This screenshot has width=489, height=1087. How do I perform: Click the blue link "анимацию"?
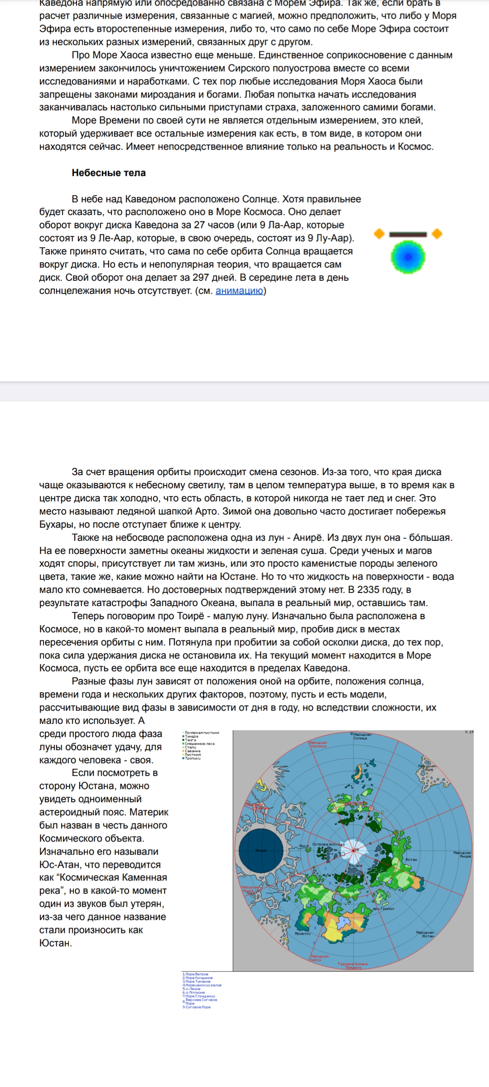(239, 291)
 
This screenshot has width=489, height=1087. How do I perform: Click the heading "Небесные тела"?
(109, 173)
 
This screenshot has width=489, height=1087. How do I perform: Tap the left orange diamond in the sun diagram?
(379, 234)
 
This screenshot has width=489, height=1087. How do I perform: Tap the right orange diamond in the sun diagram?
(437, 234)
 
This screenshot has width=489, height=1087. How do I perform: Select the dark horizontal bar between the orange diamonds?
(408, 235)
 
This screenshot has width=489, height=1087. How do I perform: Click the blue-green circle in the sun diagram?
(408, 257)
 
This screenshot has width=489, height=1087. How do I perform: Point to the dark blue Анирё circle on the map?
(261, 851)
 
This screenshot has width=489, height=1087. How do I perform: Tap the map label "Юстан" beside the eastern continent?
(411, 859)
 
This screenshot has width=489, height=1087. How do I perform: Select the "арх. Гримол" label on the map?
(383, 909)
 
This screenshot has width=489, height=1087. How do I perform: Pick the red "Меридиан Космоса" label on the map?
(318, 744)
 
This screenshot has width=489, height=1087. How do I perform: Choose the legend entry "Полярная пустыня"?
(201, 732)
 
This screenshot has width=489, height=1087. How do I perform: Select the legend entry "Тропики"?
(193, 758)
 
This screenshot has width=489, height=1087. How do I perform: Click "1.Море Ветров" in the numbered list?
(196, 974)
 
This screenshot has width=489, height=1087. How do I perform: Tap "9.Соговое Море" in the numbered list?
(197, 1007)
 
